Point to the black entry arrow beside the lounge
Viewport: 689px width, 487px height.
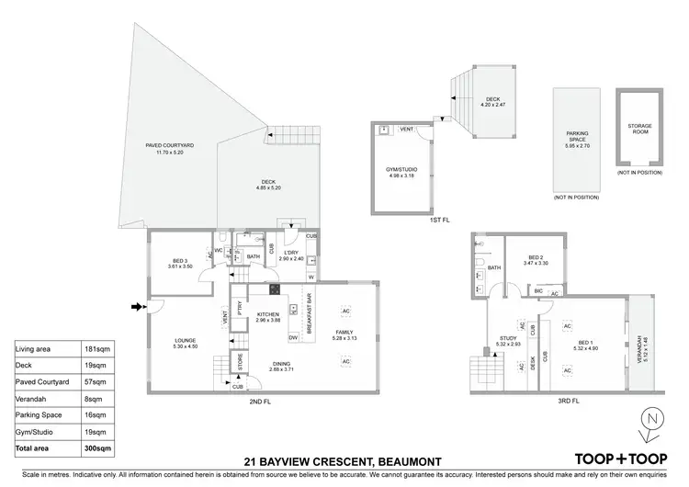pos(138,308)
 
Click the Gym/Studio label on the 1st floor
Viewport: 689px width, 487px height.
pos(401,172)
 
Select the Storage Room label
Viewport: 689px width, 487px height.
pos(639,130)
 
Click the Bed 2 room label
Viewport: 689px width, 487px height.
pos(537,260)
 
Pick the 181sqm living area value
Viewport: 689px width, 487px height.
pos(92,349)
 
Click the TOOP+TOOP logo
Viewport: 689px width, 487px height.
pos(619,459)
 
